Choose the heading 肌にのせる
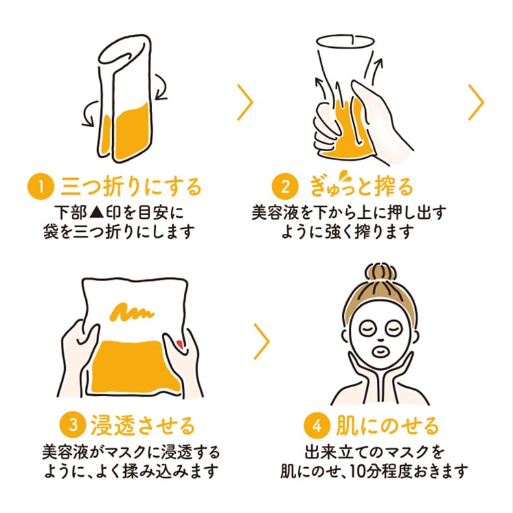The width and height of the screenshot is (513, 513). (383, 425)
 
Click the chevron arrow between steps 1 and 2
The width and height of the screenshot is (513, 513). (245, 103)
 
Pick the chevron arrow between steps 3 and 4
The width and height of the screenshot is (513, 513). (261, 341)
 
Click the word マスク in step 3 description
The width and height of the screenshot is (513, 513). (137, 453)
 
